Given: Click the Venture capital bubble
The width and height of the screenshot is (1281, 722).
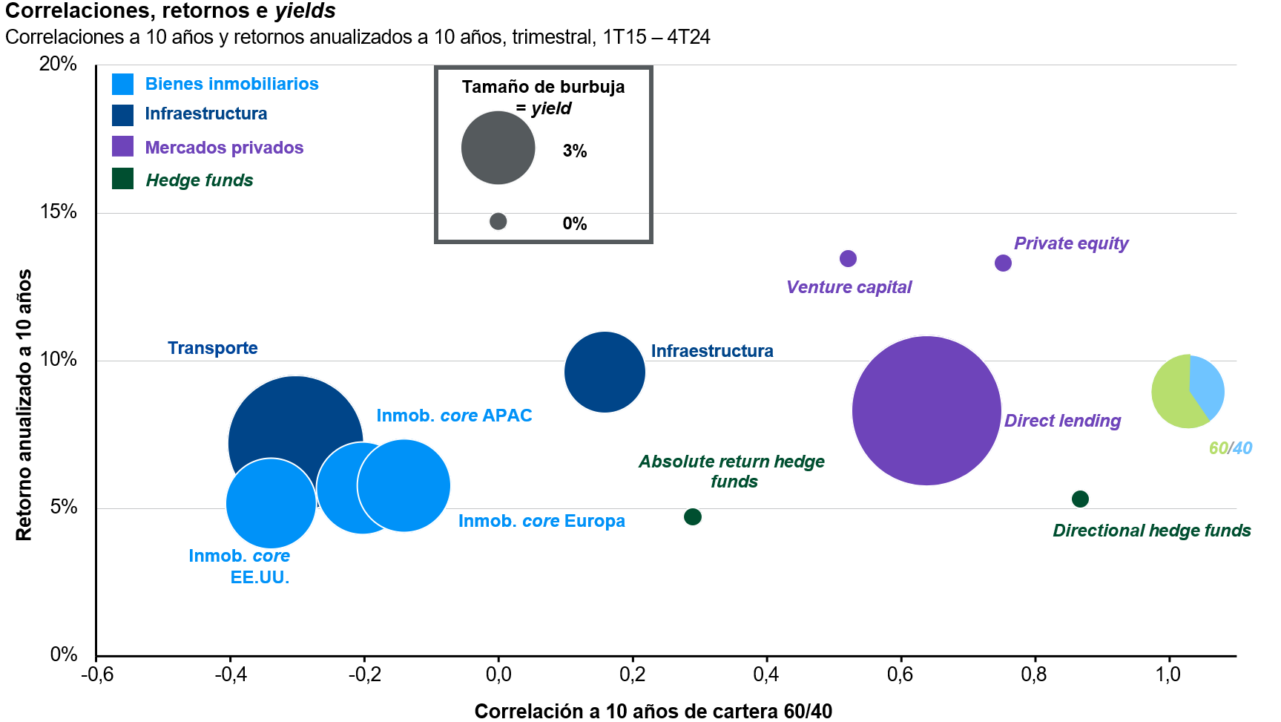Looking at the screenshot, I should click(848, 258).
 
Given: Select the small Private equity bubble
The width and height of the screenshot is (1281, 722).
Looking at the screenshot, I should click(1003, 263).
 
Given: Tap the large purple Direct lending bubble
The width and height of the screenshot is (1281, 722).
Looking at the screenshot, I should click(926, 410).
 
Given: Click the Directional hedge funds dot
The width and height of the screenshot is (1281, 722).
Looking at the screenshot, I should click(1080, 499).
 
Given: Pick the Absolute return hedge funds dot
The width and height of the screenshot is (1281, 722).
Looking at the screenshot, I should click(692, 516).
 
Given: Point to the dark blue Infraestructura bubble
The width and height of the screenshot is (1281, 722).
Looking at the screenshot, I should click(605, 372).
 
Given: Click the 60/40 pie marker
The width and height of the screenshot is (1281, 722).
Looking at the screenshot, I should click(1188, 391).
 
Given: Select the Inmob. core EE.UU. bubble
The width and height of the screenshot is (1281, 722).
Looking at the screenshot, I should click(271, 503).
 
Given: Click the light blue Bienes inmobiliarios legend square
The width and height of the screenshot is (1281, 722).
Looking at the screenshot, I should click(122, 84).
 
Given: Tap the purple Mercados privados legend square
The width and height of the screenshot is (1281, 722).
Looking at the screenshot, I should click(122, 146).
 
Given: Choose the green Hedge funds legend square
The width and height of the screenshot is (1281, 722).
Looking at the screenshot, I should click(122, 179).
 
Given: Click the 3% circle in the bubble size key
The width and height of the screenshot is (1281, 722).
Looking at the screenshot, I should click(498, 148).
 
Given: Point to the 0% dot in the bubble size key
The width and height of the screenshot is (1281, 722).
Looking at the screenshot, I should click(498, 221).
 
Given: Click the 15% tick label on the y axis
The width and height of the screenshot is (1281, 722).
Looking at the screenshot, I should click(58, 211).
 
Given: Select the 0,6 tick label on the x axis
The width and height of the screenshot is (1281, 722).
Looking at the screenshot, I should click(900, 674).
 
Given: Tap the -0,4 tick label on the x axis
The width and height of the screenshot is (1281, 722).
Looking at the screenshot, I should click(230, 674).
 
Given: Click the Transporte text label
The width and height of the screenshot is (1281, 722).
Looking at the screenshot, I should click(212, 348).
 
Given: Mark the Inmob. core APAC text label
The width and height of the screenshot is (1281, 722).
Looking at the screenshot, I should click(454, 416).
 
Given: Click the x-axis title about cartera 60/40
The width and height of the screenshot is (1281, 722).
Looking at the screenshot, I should click(653, 711).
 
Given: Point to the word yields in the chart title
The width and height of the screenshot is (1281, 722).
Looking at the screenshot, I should click(305, 11).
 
